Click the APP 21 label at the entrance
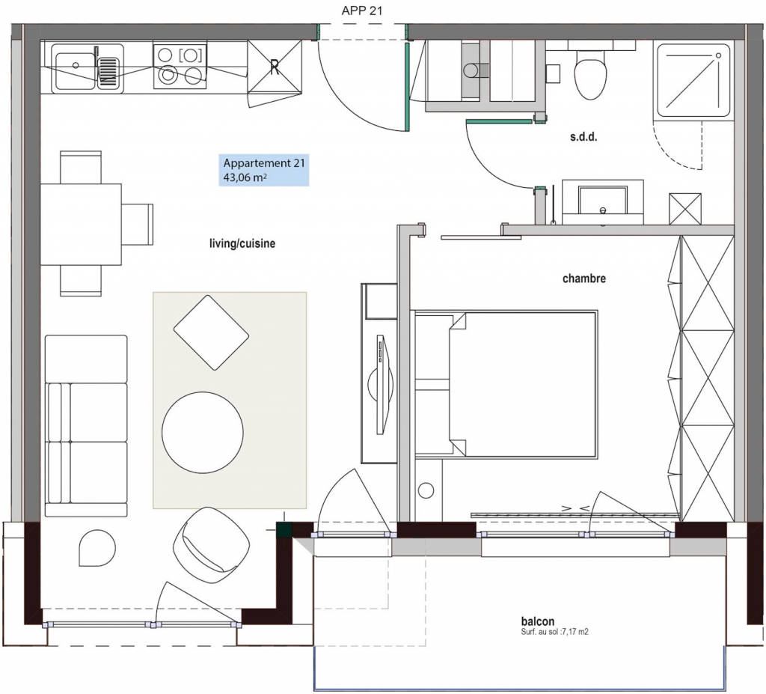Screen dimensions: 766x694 click(x=361, y=10)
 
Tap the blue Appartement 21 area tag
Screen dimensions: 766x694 click(x=264, y=170)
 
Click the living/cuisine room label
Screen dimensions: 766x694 click(x=242, y=243)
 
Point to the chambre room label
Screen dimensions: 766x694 click(x=584, y=278)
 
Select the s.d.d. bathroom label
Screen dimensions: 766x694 click(x=583, y=137)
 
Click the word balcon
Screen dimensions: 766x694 click(x=538, y=621)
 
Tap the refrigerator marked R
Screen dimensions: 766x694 click(x=275, y=67)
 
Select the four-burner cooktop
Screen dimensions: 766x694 click(x=180, y=67)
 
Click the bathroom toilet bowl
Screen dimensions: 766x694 click(x=589, y=74)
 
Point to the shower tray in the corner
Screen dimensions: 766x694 click(x=693, y=81)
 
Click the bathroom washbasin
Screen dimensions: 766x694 click(x=602, y=201)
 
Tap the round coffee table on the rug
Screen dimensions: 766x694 click(x=203, y=432)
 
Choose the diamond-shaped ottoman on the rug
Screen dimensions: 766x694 click(x=212, y=332)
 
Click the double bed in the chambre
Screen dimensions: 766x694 click(x=506, y=384)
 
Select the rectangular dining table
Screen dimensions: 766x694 click(x=81, y=225)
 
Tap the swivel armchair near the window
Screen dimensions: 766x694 click(x=212, y=545)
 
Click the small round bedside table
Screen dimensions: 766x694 click(x=426, y=490)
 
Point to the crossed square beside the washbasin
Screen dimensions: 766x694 click(x=685, y=209)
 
